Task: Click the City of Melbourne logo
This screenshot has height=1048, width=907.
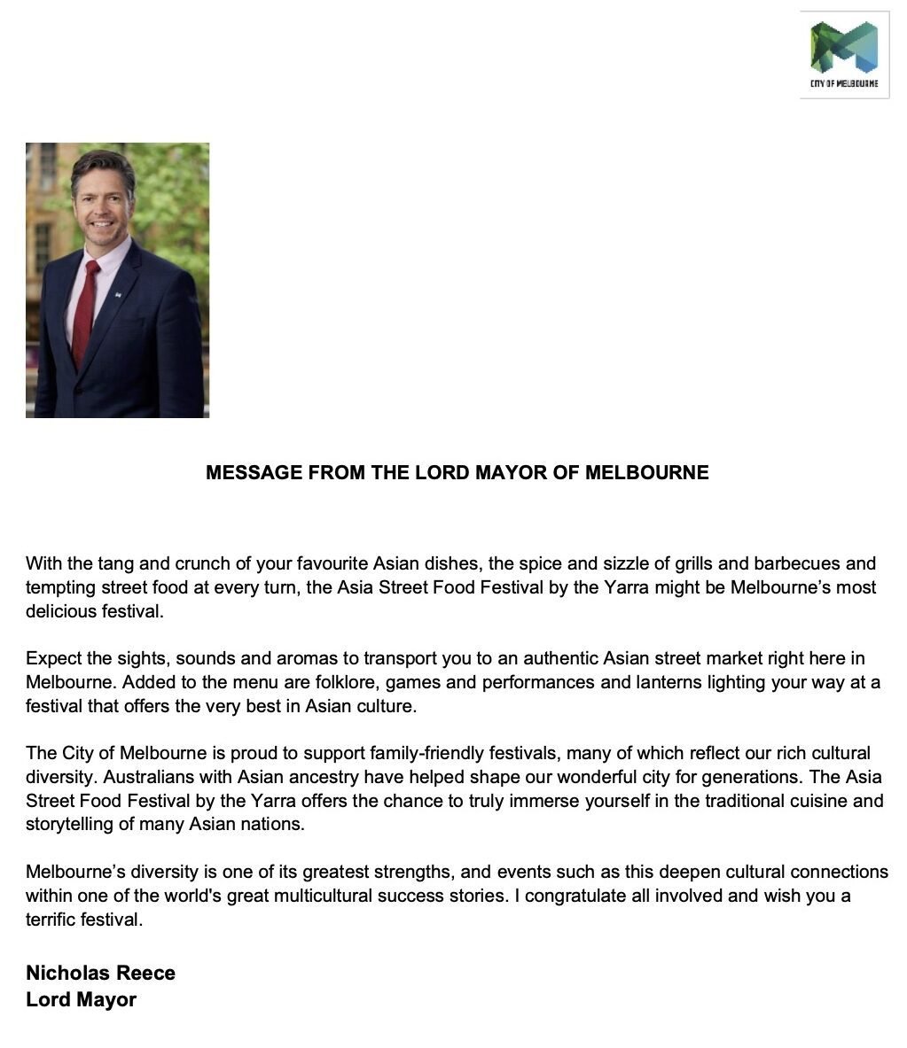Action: click(843, 54)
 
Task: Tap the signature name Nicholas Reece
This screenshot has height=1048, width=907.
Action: click(100, 973)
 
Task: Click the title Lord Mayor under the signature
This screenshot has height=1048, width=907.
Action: click(81, 999)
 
